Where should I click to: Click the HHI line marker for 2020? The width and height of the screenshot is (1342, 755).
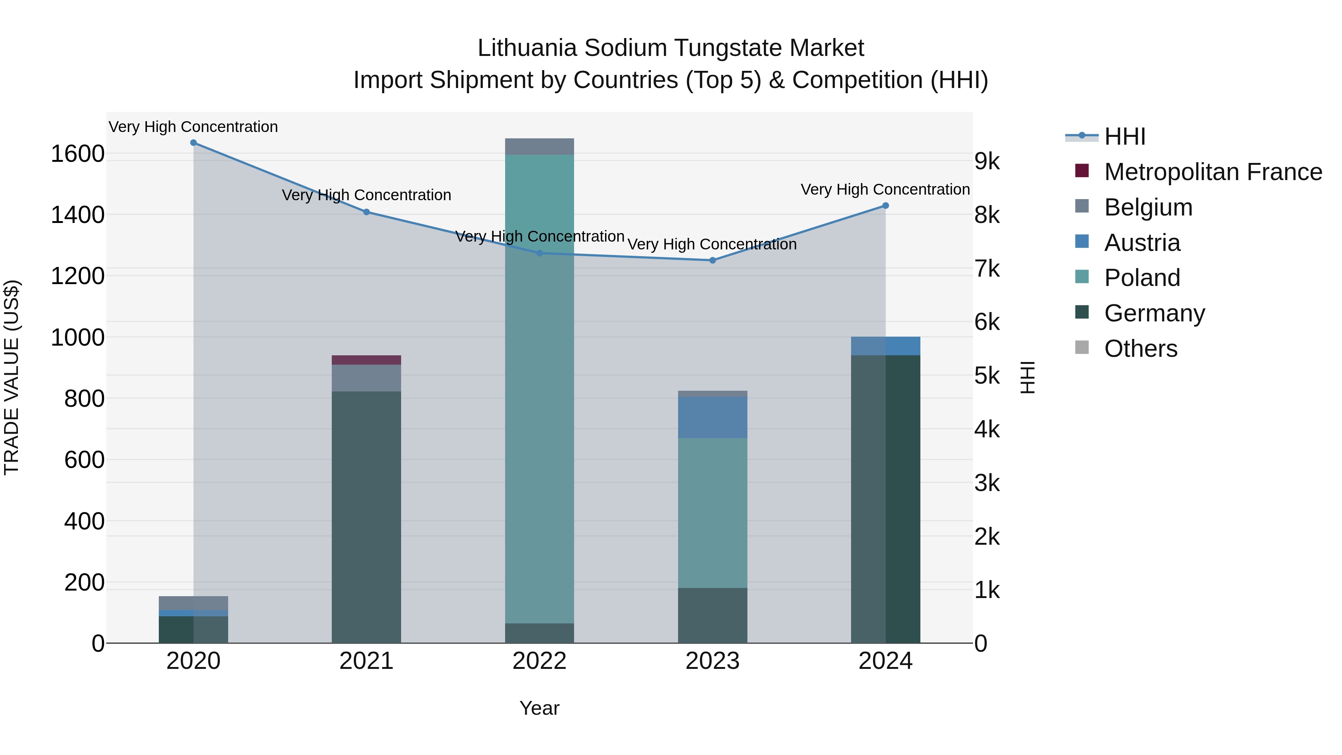coord(193,143)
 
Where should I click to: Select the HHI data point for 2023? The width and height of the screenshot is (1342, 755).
coord(712,260)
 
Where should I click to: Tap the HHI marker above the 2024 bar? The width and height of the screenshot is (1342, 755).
coord(885,206)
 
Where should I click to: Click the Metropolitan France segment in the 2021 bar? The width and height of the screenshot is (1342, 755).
coord(366,360)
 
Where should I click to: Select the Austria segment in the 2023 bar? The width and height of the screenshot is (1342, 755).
coord(712,417)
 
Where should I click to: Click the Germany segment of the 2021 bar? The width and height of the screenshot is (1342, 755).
coord(366,516)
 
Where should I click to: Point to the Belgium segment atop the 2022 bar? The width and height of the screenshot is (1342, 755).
coord(539,147)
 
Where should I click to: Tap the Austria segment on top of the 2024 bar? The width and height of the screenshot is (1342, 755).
coord(885,346)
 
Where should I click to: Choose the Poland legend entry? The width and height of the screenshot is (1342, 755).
coord(1141,278)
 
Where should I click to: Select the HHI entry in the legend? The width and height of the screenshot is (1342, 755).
coord(1124,136)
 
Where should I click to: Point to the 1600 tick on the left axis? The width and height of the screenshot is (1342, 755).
coord(78,154)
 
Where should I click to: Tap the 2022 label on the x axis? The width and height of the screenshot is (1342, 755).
coord(539,661)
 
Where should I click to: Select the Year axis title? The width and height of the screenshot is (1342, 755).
coord(539,708)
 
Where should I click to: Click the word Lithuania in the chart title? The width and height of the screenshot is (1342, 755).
coord(527,48)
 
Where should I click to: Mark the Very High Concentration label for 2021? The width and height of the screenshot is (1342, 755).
coord(366,195)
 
